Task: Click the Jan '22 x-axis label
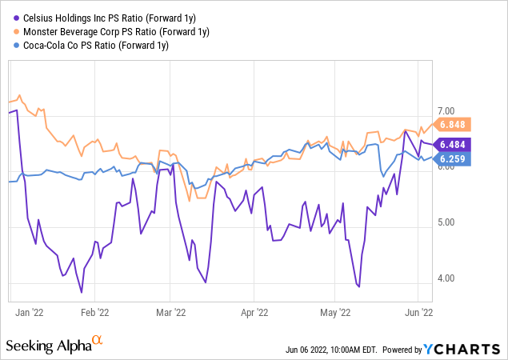tap(29, 314)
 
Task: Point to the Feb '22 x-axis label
tap(98, 314)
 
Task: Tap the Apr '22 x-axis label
tap(254, 314)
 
